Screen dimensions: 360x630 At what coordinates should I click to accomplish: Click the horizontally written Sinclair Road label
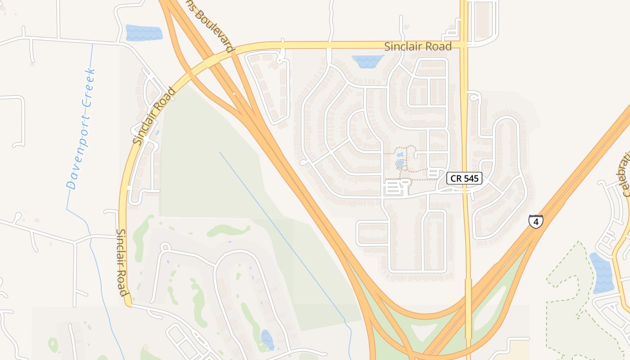418,46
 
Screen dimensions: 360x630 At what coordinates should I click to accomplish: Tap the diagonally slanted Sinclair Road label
154,116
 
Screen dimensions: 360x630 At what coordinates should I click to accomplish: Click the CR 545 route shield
464,179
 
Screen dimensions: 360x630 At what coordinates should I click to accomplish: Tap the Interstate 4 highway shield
535,221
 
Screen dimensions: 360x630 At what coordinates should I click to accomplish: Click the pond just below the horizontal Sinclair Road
367,61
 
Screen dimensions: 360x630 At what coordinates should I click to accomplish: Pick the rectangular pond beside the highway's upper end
144,33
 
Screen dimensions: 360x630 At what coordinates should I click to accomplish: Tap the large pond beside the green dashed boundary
602,273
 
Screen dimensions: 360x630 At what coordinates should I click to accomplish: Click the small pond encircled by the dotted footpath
400,163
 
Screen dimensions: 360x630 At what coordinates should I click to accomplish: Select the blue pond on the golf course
267,339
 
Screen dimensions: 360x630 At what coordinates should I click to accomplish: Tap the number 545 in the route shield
470,179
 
